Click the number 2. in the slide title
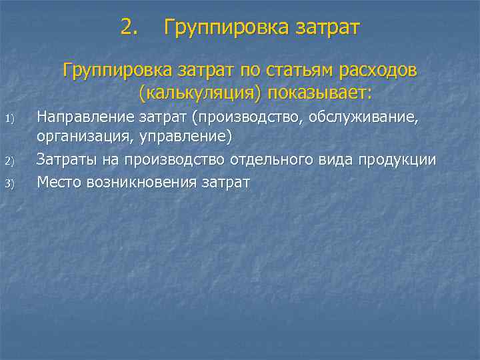pyautogui.click(x=130, y=28)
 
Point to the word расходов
pyautogui.click(x=379, y=70)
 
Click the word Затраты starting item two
pyautogui.click(x=67, y=160)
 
